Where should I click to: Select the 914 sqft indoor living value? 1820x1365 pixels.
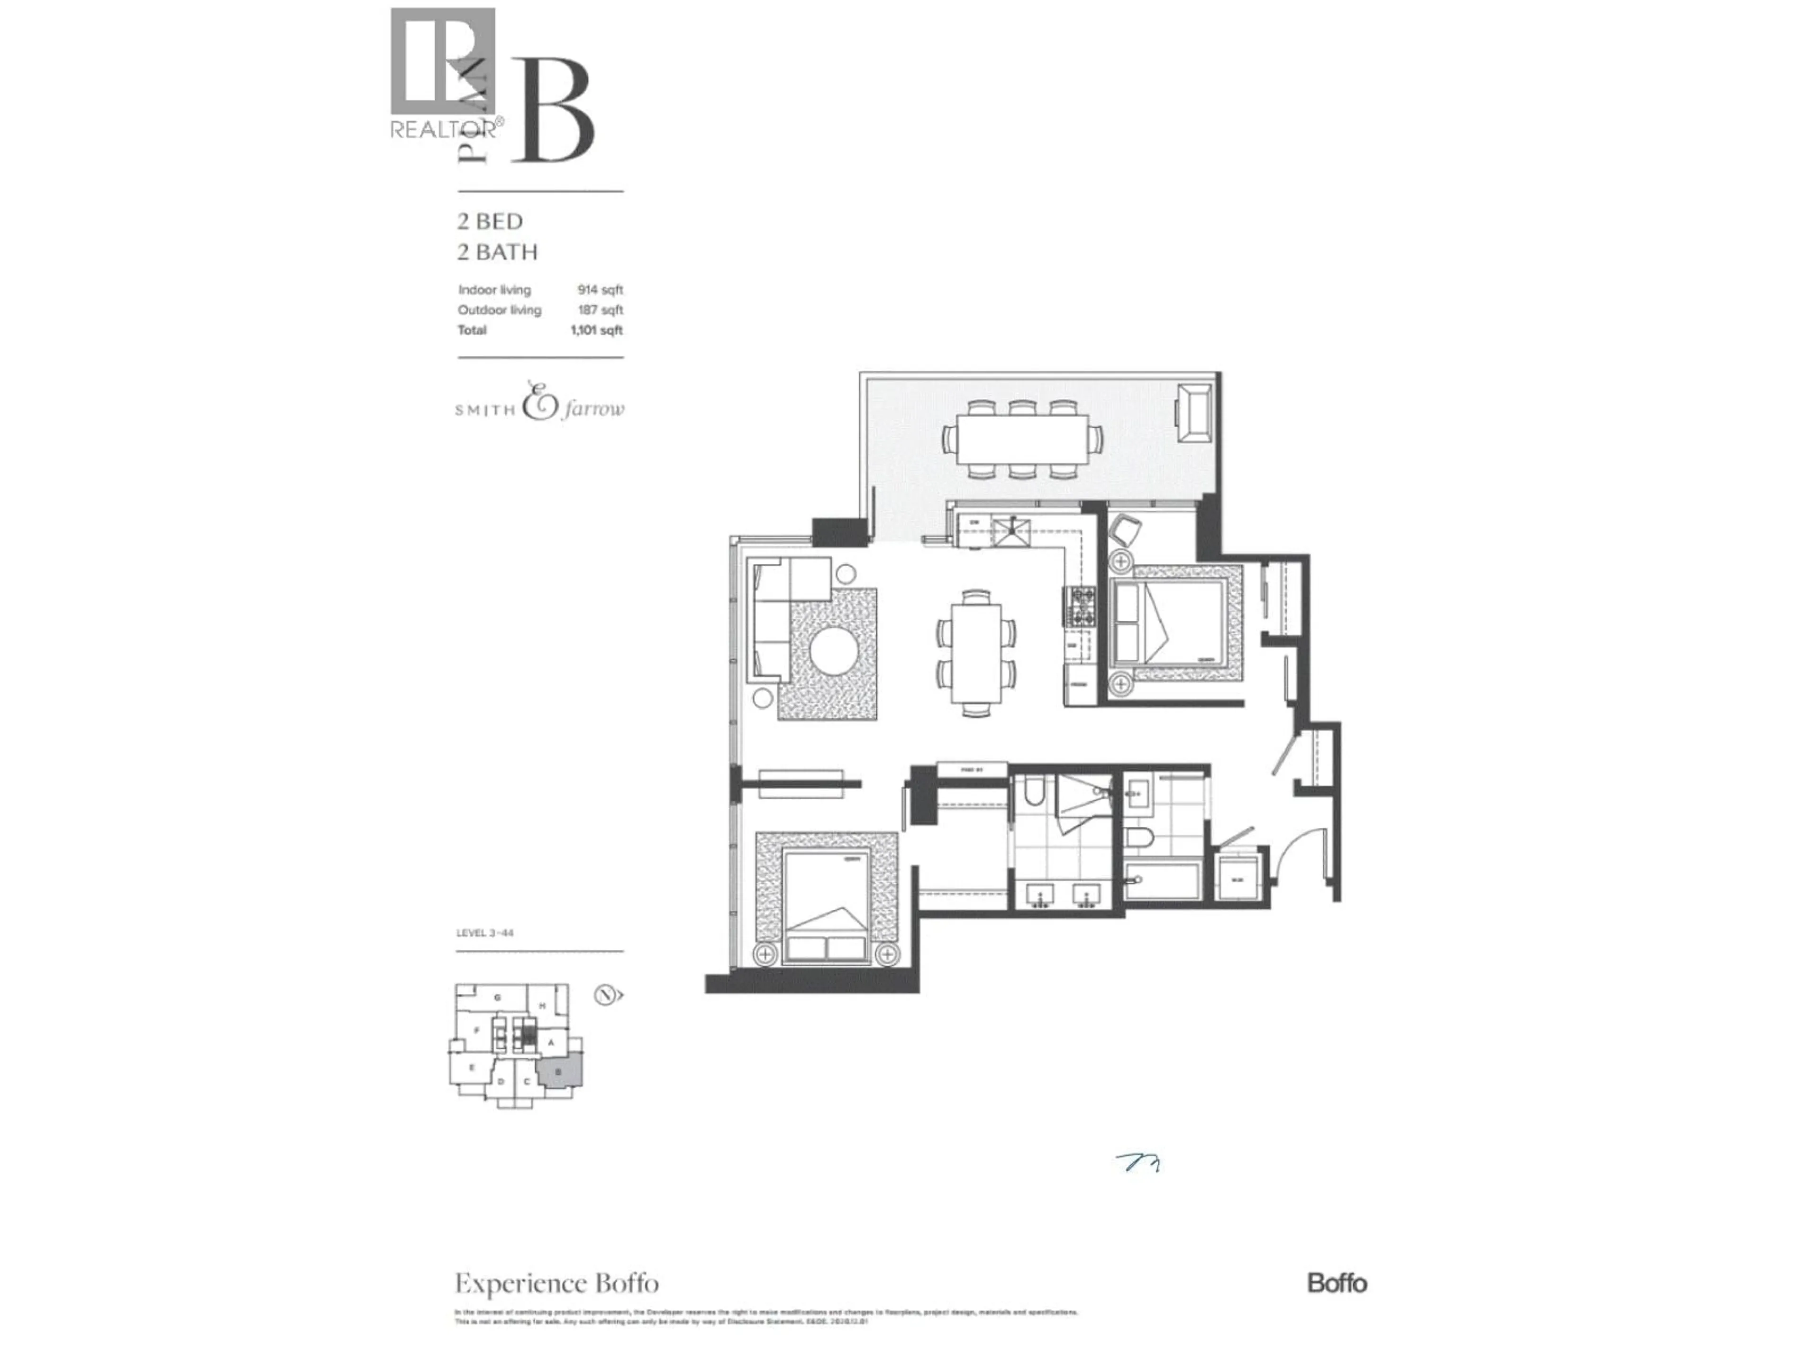[600, 290]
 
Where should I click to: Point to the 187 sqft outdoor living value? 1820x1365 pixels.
[600, 310]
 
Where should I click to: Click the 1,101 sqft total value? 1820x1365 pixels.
[597, 330]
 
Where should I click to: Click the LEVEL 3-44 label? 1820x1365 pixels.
[484, 933]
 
